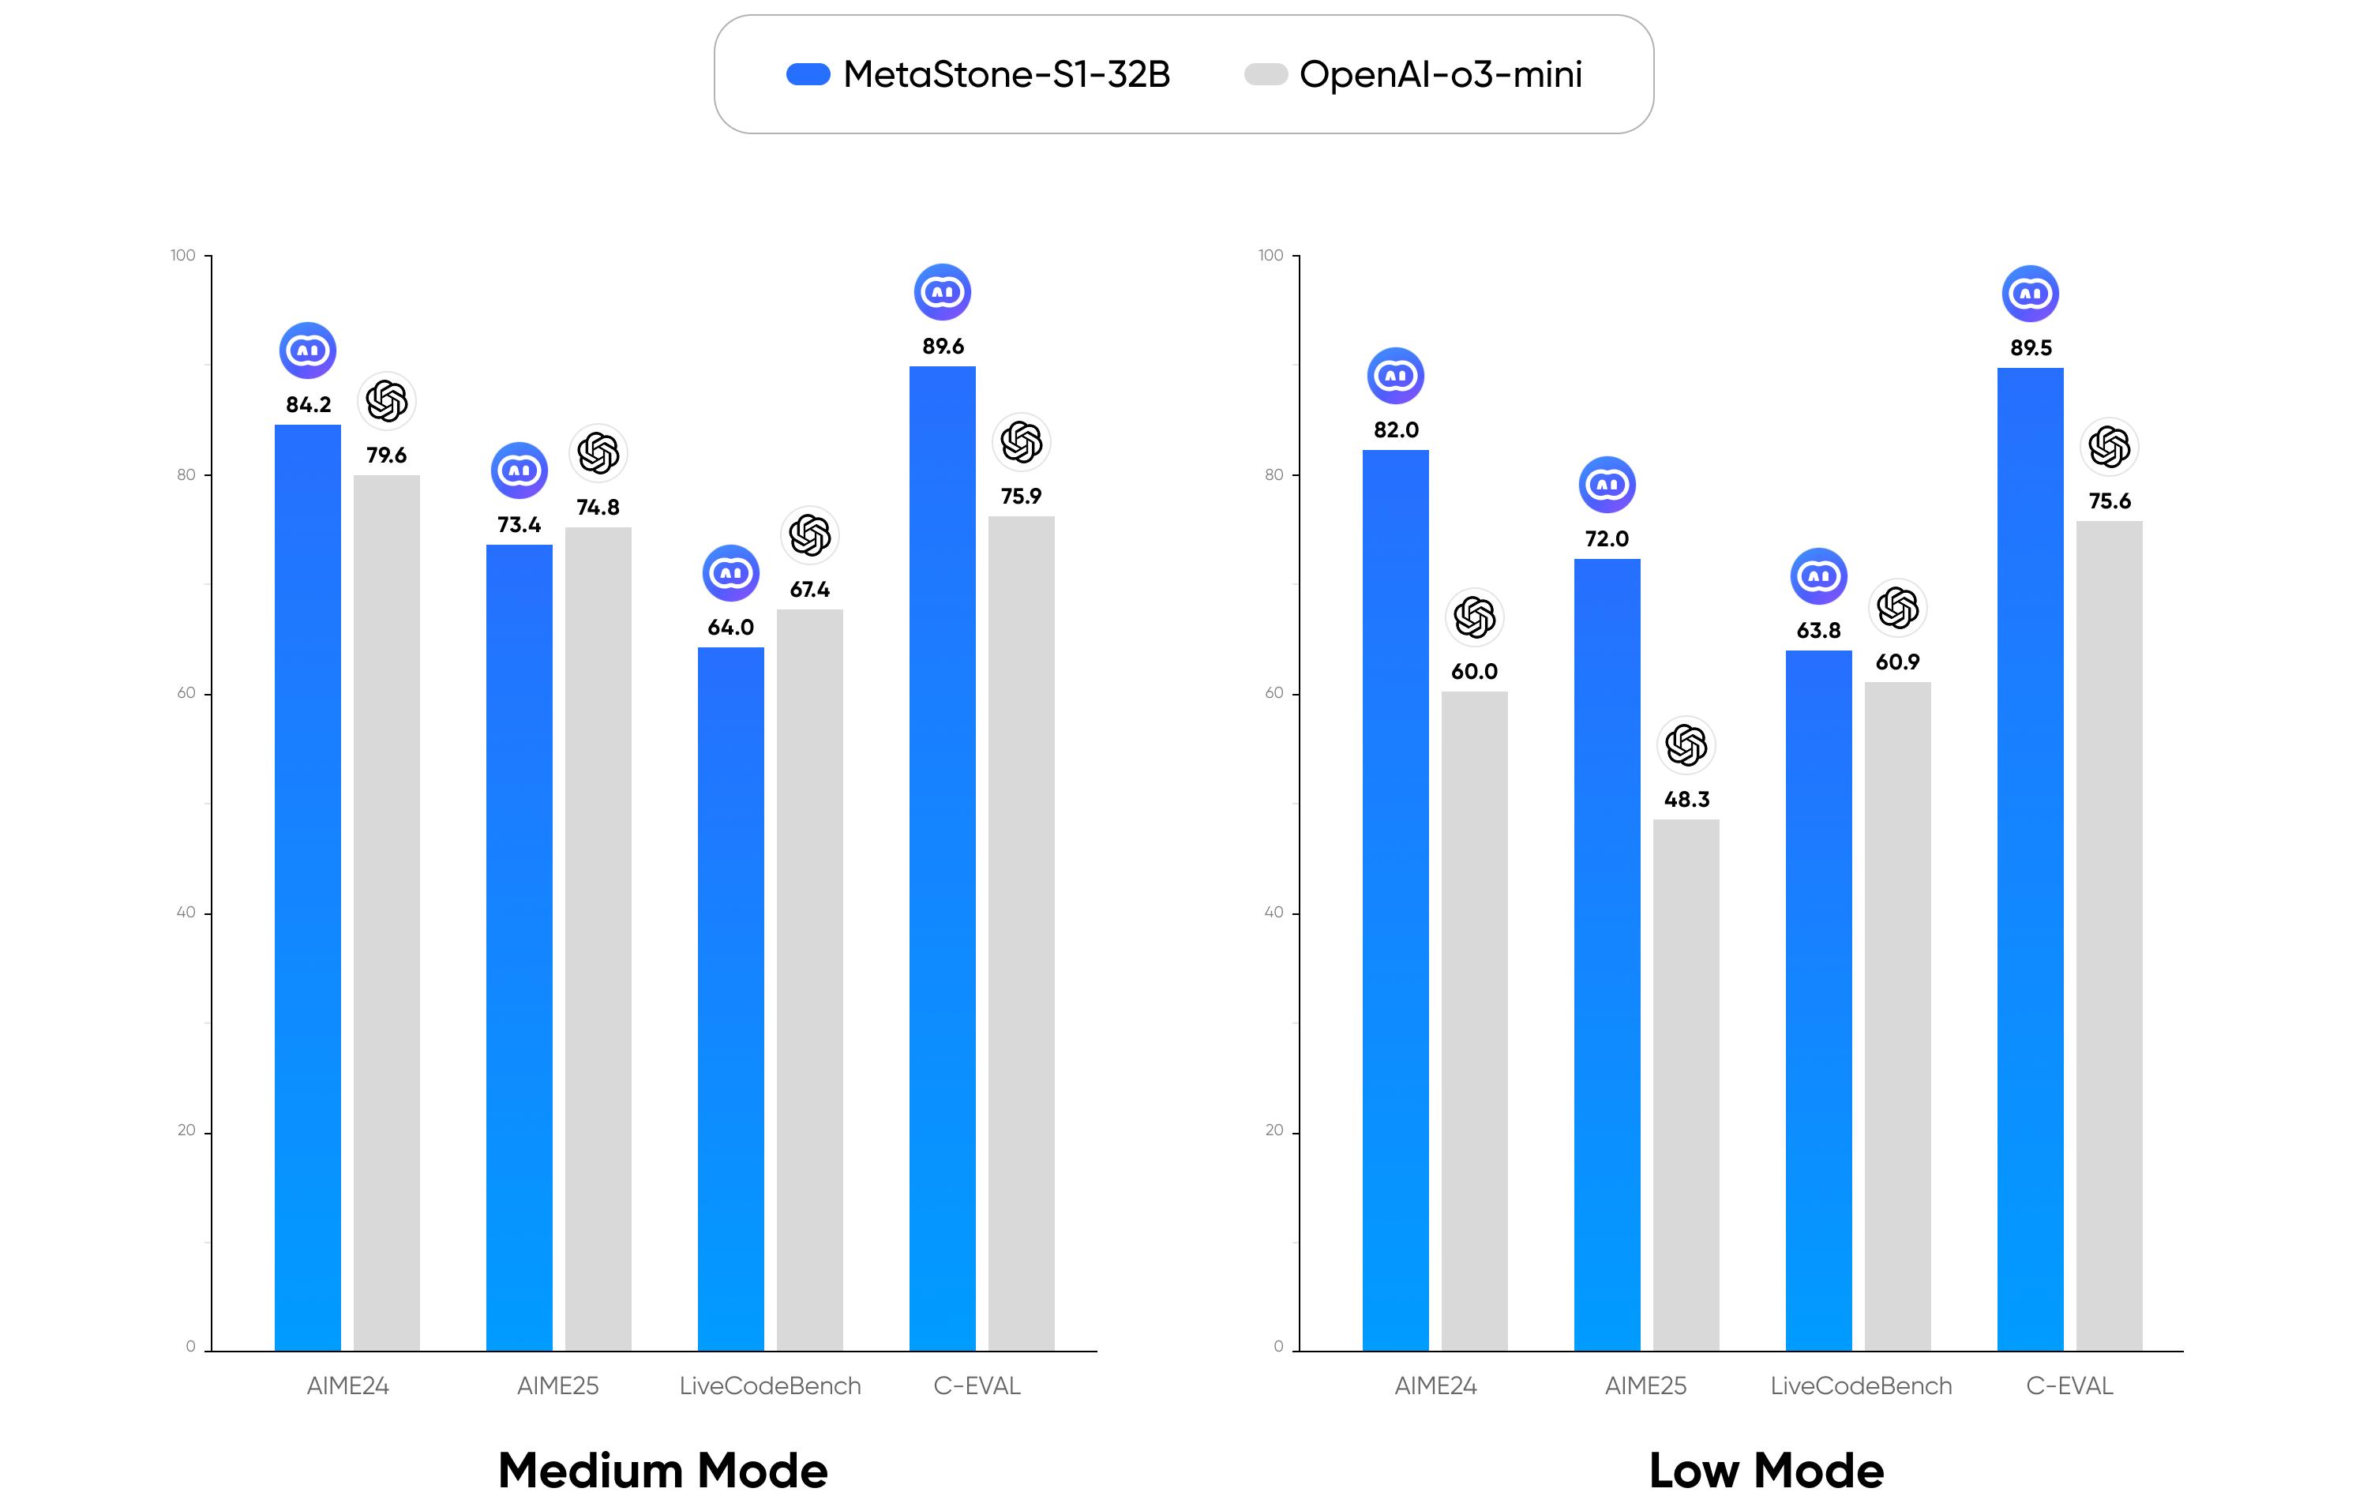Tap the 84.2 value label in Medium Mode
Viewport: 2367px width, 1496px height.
point(308,405)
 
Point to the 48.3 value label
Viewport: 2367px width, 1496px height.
point(1686,800)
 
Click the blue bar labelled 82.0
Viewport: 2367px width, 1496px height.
point(1395,899)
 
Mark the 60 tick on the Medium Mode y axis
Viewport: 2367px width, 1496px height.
point(186,693)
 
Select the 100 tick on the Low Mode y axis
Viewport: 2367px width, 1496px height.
point(1270,256)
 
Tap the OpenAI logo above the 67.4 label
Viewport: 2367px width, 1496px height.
point(810,536)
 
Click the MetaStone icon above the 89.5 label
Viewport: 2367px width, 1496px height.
point(2030,293)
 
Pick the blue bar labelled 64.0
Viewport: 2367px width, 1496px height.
point(730,998)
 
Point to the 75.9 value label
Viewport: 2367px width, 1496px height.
point(1020,497)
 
